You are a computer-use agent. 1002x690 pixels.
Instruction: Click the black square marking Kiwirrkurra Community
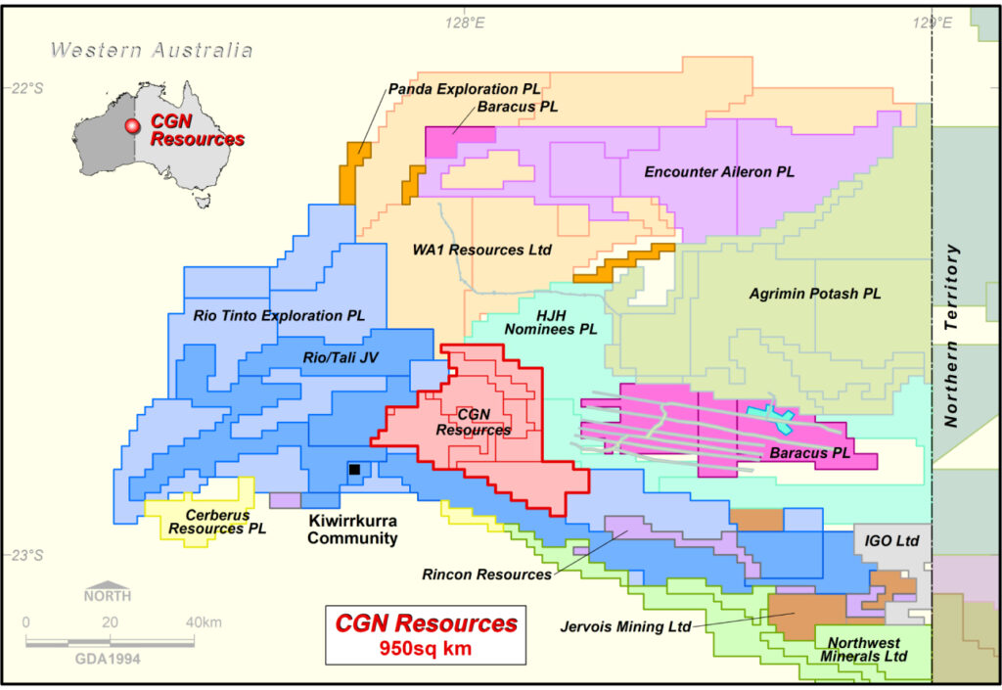tap(354, 471)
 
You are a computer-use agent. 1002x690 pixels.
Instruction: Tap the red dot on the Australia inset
tap(131, 126)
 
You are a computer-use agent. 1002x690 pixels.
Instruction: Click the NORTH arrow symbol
tap(107, 593)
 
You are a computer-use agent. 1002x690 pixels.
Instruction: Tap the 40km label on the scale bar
tap(203, 623)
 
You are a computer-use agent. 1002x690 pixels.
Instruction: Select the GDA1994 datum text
tap(108, 659)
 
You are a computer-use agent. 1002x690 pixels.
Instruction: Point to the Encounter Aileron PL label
tap(719, 172)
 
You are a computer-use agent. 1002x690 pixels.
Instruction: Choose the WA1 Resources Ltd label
tap(481, 251)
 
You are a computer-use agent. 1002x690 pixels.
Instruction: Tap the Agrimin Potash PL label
tap(814, 294)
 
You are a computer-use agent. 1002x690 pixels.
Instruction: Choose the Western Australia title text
tap(152, 51)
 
